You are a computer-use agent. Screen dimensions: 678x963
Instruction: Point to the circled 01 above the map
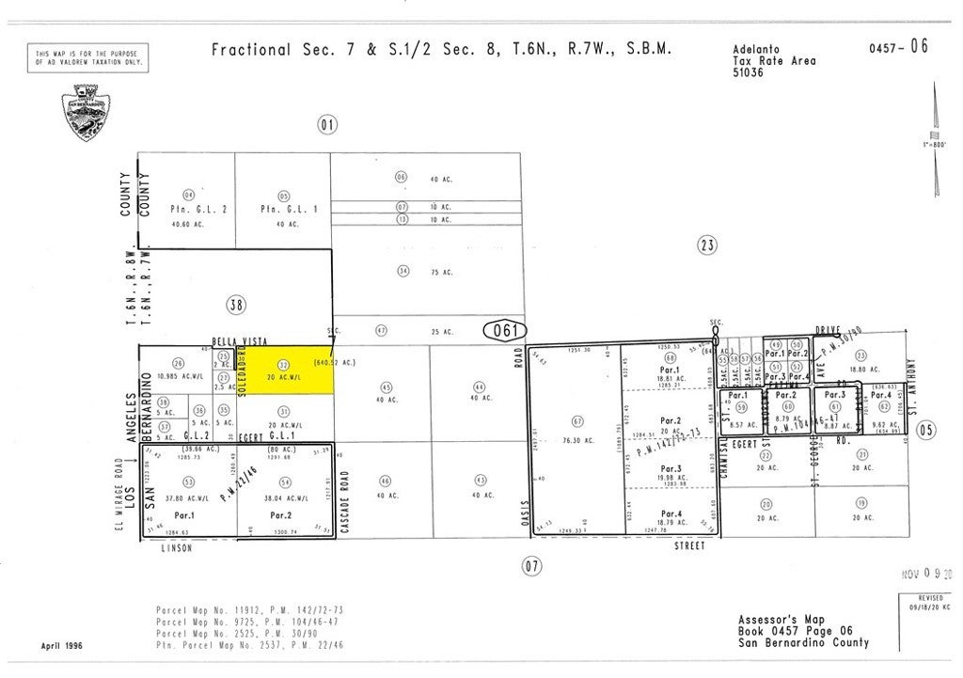tap(326, 124)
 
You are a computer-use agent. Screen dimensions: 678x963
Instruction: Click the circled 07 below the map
tap(532, 565)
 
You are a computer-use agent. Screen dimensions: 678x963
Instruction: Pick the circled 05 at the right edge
tap(925, 430)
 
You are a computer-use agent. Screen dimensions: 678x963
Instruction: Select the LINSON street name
tap(176, 548)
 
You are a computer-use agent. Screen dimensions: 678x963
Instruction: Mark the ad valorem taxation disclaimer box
tap(88, 58)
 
